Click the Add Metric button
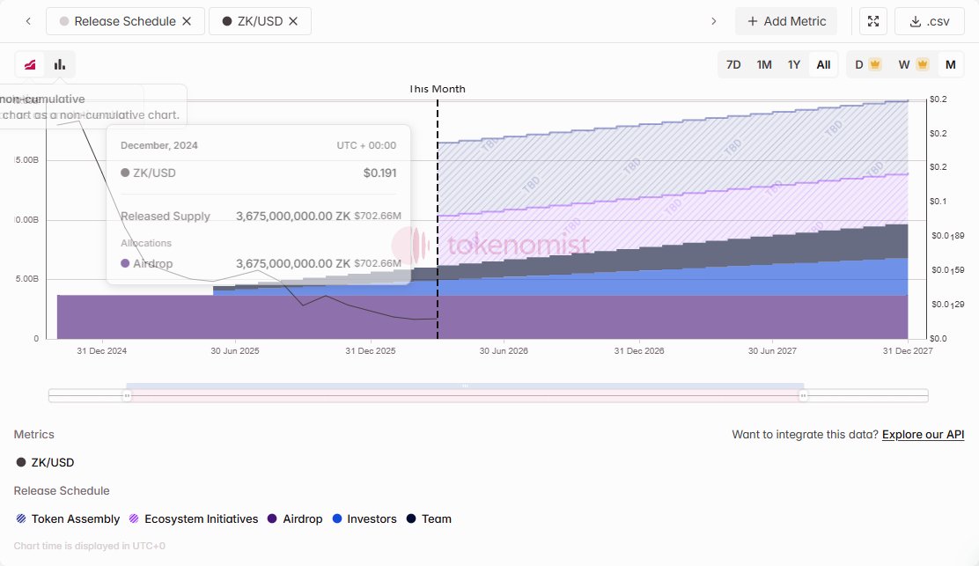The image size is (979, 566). [786, 21]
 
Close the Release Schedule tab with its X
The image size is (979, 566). [187, 21]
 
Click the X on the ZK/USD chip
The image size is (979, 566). [293, 21]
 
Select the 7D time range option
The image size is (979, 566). [733, 64]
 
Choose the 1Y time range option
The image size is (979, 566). [794, 64]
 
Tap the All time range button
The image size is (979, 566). [823, 64]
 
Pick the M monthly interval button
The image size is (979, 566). [950, 64]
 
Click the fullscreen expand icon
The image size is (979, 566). [872, 21]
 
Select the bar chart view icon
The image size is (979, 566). [60, 64]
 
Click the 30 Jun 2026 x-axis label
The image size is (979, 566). [504, 350]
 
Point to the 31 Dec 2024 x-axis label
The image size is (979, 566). [102, 350]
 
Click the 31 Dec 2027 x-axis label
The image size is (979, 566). [908, 350]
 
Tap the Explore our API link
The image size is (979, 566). [923, 435]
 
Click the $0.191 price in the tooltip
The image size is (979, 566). [379, 173]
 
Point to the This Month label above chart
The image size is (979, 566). [438, 89]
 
